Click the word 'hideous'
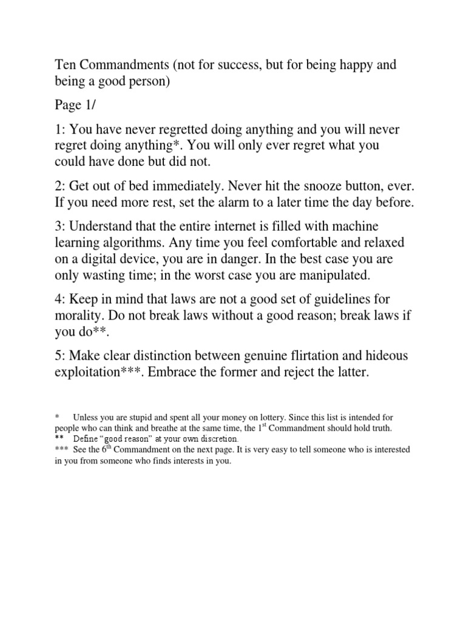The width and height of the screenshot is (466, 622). (x=385, y=355)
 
